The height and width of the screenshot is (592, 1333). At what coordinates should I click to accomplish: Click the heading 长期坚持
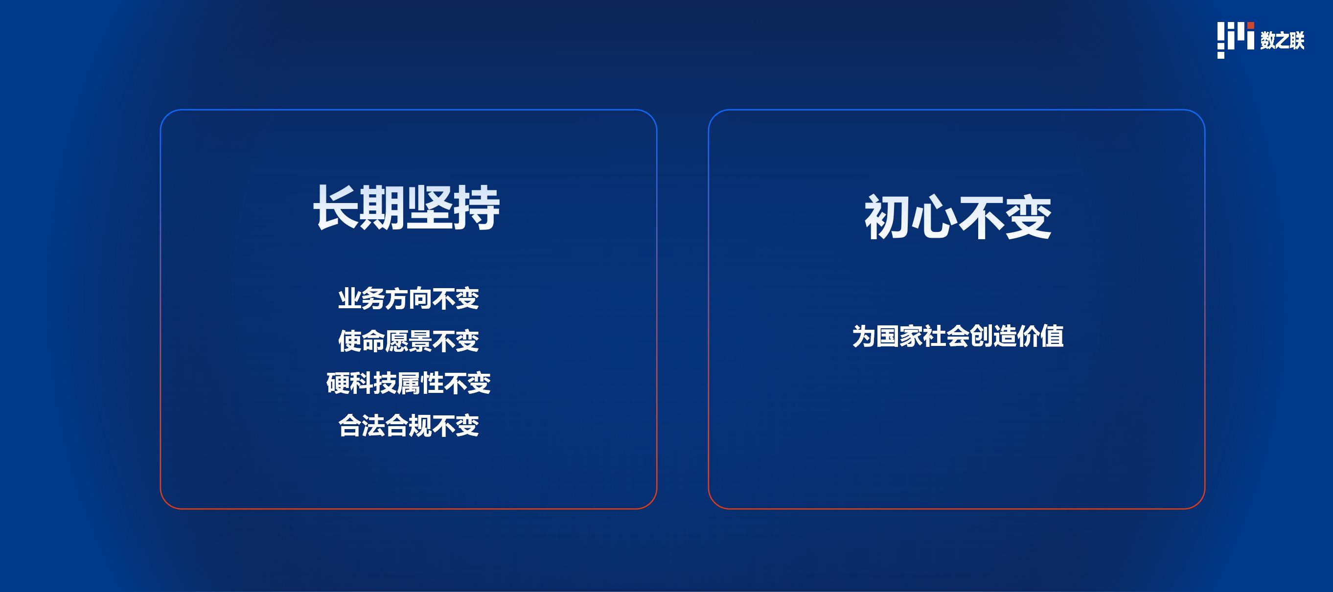click(407, 207)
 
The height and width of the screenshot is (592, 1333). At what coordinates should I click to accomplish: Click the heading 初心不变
click(957, 217)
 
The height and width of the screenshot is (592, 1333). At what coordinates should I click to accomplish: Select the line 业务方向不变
click(408, 299)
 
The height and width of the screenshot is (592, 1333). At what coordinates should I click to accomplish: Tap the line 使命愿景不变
click(408, 342)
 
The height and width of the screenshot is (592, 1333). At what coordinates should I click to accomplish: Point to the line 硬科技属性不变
click(408, 384)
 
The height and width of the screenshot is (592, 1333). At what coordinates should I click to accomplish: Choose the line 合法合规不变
click(408, 426)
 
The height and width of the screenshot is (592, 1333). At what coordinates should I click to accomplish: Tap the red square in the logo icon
click(1251, 25)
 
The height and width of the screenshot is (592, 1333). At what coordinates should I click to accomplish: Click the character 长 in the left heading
click(337, 207)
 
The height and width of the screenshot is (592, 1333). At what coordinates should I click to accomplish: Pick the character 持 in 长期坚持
click(477, 207)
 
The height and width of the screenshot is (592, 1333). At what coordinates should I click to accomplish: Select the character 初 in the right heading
click(888, 217)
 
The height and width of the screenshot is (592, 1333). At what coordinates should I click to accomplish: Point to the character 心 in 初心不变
click(934, 217)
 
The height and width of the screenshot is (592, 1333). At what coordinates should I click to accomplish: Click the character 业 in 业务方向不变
click(350, 299)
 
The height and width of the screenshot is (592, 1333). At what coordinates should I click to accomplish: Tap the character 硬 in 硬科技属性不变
click(338, 384)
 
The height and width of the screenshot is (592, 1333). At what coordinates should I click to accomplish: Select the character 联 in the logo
click(1297, 40)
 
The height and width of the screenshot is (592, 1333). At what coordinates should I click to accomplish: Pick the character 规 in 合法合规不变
click(420, 426)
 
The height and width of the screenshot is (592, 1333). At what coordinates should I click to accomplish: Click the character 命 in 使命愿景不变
click(373, 342)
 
